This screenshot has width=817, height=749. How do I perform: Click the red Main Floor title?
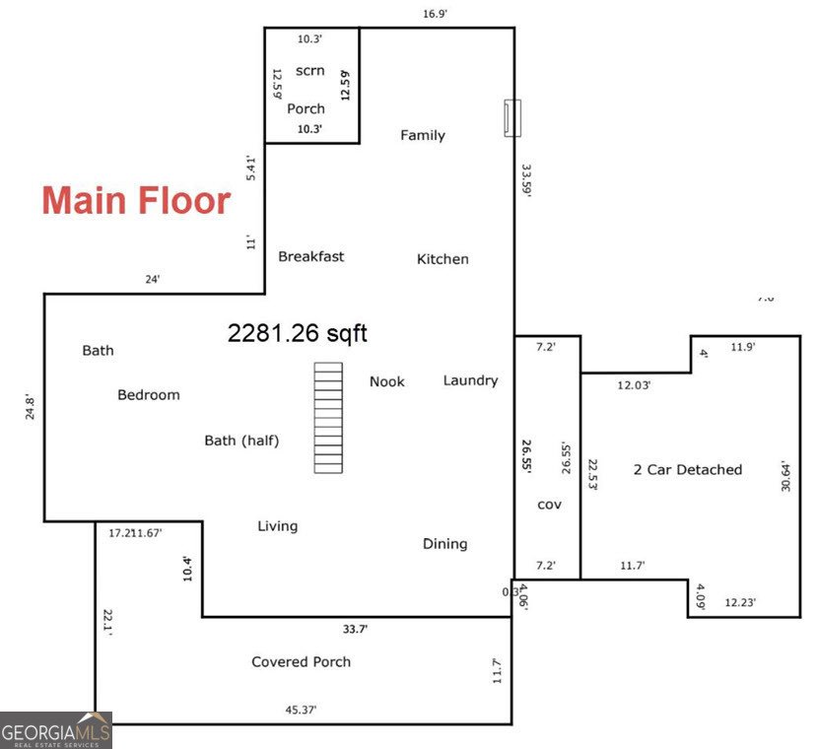[x=136, y=201]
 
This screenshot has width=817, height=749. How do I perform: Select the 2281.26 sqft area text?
[x=297, y=334]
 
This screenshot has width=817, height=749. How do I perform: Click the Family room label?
[x=422, y=136]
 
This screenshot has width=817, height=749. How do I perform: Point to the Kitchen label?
[x=443, y=259]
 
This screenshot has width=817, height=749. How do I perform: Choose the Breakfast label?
[x=310, y=256]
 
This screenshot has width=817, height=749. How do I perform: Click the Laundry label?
[x=470, y=380]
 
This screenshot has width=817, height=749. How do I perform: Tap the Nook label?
[x=386, y=381]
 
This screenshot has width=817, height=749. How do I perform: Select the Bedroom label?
[x=149, y=395]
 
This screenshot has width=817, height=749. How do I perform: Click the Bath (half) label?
[x=241, y=441]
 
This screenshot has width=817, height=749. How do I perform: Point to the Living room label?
[x=277, y=526]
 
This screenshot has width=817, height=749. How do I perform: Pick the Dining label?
[x=444, y=544]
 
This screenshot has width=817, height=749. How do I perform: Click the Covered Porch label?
[x=301, y=661]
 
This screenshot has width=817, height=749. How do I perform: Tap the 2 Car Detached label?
[x=687, y=470]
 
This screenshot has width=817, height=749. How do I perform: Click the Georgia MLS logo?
[x=56, y=730]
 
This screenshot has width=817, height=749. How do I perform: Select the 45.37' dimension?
[x=300, y=709]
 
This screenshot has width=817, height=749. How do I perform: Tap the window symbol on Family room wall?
[x=512, y=117]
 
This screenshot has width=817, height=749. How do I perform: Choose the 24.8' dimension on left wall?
[x=30, y=408]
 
